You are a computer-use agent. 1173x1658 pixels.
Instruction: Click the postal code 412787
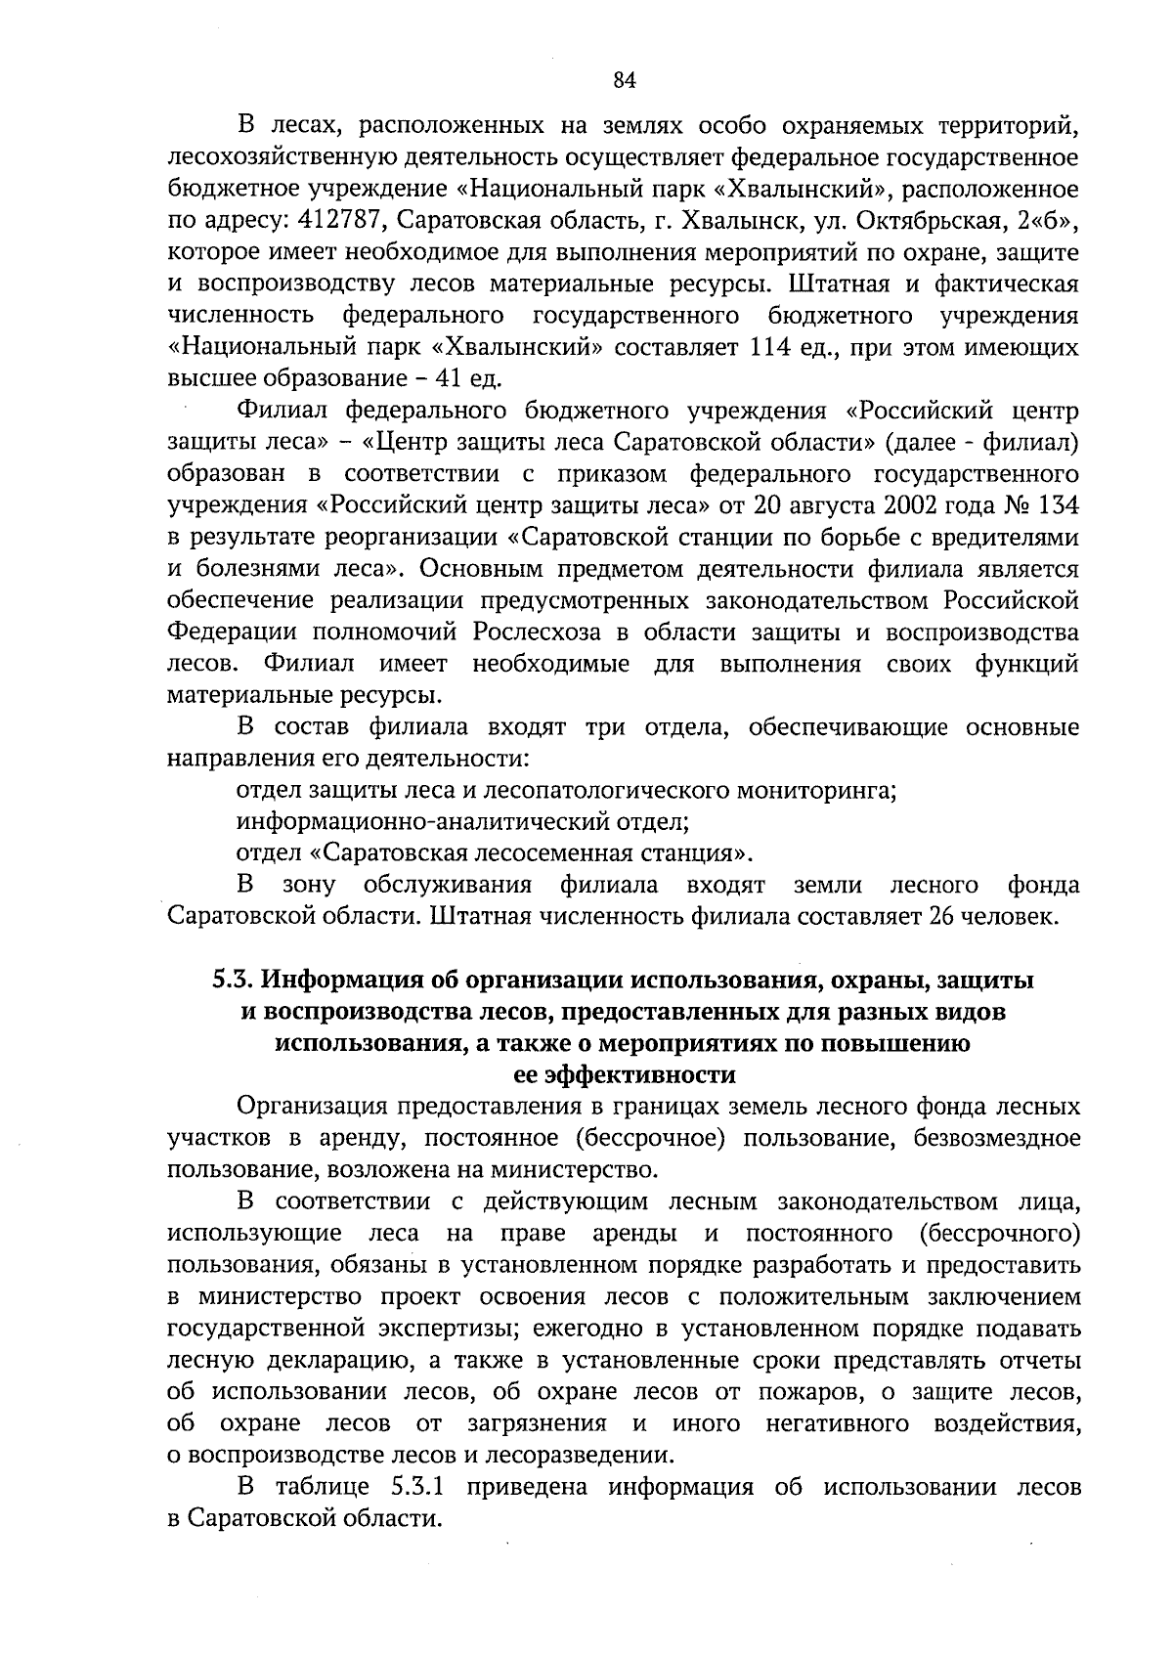pyautogui.click(x=349, y=220)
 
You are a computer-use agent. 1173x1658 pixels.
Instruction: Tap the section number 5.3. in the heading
pyautogui.click(x=236, y=981)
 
